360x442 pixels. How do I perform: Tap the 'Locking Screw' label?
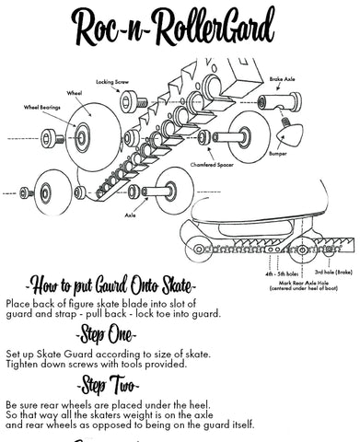tap(136, 82)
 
